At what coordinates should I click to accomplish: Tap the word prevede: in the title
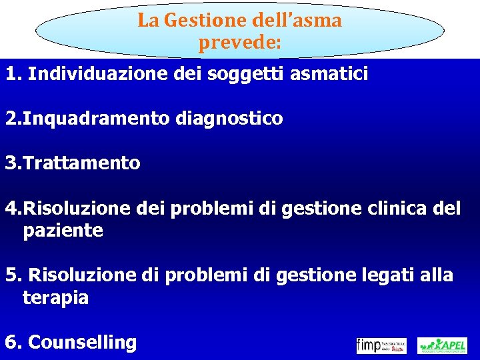(x=240, y=44)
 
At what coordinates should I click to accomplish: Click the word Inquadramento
(x=97, y=119)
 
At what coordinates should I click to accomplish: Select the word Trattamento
(x=81, y=163)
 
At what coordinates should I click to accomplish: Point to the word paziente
(x=63, y=231)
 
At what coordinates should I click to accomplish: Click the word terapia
(x=55, y=297)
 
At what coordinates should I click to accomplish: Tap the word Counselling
(x=83, y=343)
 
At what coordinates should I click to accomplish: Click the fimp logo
(x=381, y=345)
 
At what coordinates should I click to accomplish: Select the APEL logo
(x=442, y=345)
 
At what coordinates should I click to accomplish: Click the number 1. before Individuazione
(x=13, y=74)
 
